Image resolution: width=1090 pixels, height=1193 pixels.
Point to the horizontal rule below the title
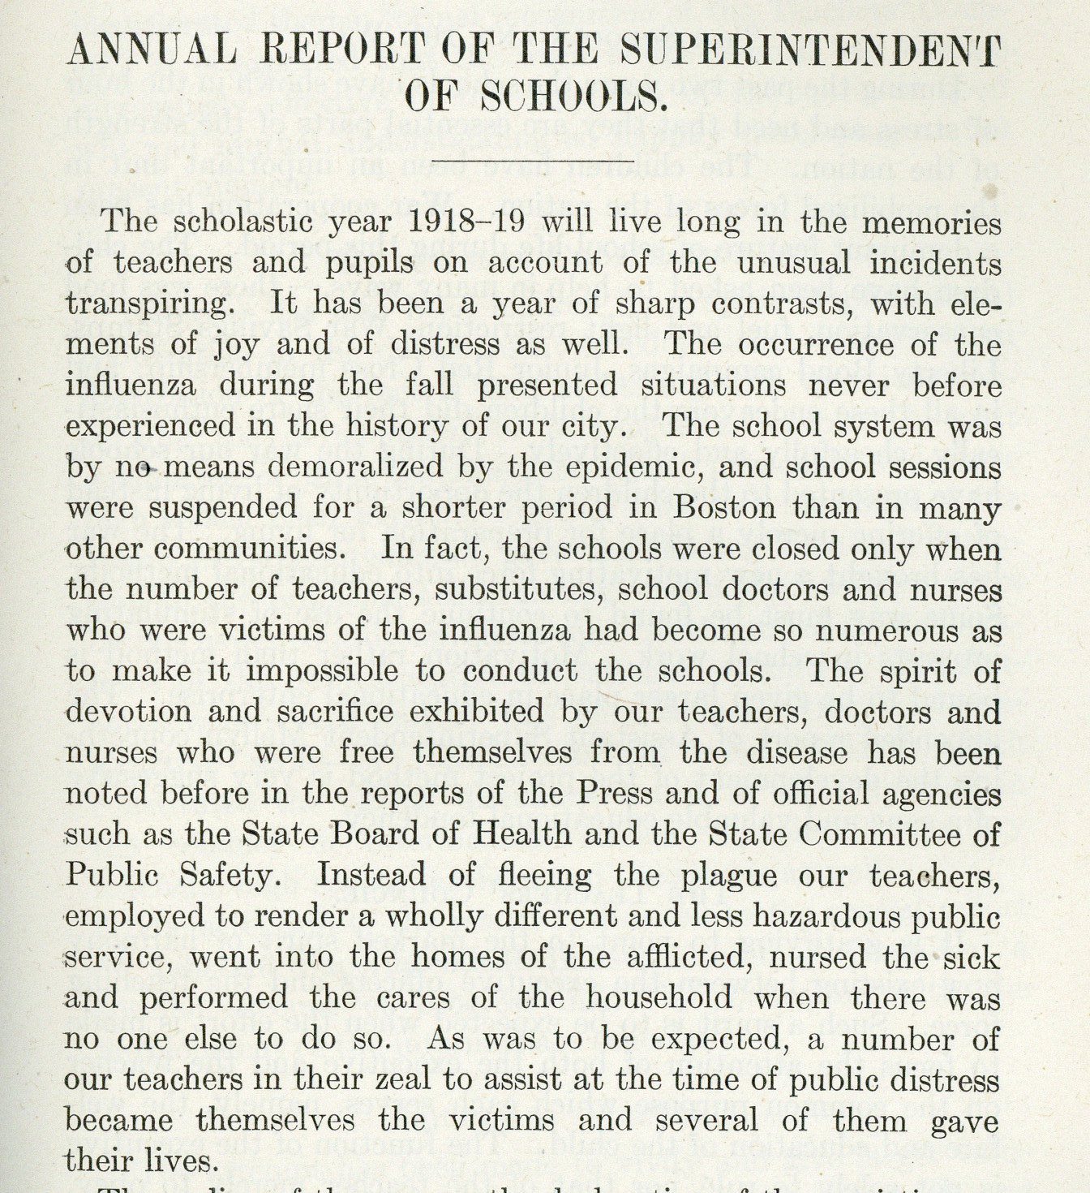(532, 161)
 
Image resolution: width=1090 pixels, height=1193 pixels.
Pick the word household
(659, 998)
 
